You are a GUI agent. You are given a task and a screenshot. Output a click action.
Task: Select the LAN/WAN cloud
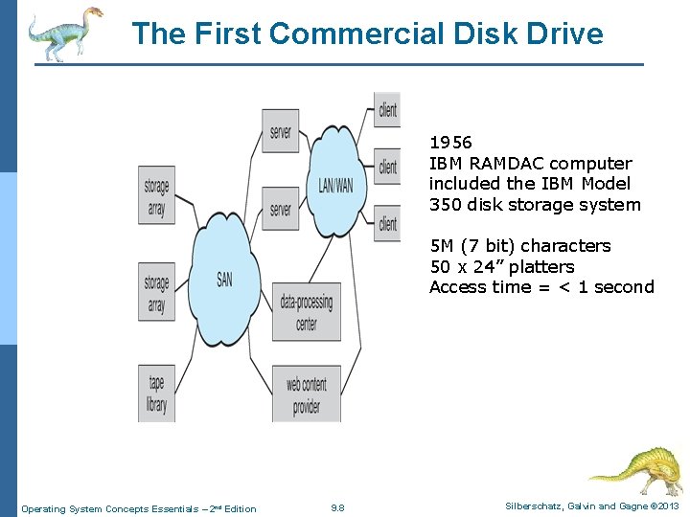click(x=335, y=182)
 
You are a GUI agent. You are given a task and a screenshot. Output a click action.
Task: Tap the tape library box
click(x=156, y=393)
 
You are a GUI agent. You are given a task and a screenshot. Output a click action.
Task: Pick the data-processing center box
click(x=307, y=312)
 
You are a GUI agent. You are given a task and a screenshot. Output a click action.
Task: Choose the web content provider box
click(x=307, y=393)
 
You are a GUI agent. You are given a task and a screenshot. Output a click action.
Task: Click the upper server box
click(x=281, y=131)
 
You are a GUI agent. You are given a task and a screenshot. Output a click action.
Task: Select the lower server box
click(x=281, y=208)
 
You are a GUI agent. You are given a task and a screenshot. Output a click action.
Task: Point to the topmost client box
click(x=387, y=110)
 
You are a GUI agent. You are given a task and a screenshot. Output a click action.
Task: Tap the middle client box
click(x=387, y=167)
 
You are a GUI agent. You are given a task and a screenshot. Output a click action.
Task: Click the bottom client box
click(x=387, y=223)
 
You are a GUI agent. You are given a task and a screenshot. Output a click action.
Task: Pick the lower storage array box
click(x=156, y=293)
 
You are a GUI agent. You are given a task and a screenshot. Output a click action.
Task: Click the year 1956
click(x=450, y=143)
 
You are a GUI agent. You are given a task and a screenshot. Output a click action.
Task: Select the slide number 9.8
click(x=337, y=508)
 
